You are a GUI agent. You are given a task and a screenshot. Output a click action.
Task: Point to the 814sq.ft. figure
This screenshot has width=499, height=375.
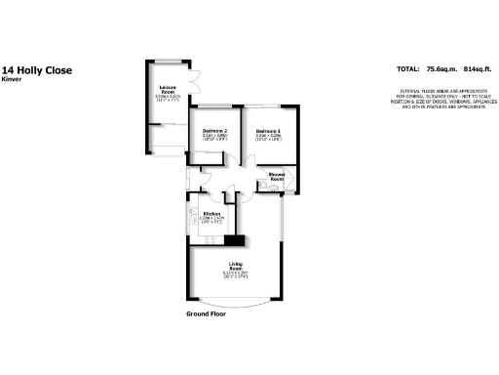point(477,70)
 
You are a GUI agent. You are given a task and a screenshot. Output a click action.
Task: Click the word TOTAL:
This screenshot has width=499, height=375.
point(409,70)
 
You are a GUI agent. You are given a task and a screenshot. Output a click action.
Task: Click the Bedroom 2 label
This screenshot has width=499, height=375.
point(214,131)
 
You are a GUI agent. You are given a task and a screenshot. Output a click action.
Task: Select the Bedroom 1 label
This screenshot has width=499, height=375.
point(268,131)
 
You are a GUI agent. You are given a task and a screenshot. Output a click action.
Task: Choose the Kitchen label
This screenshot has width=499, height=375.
point(211,213)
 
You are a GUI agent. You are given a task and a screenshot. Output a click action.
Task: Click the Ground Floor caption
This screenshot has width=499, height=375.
point(207,314)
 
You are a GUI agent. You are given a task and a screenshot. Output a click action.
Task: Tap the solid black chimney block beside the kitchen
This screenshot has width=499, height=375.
point(234,241)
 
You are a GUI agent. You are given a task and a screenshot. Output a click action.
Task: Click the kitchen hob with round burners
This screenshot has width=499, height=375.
point(208,239)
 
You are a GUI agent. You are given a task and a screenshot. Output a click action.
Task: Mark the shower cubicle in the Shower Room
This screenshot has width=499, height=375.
point(291,185)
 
